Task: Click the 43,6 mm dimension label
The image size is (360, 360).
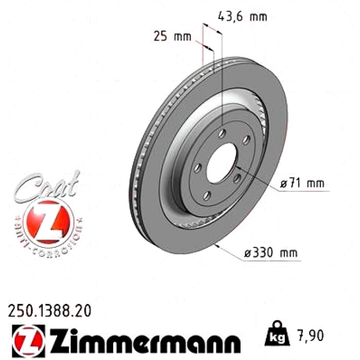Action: point(242,17)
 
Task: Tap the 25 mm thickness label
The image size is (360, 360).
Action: point(172,37)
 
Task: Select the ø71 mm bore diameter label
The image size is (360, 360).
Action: point(302,183)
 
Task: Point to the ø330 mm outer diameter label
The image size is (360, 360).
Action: point(271,253)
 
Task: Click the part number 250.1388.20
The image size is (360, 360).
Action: point(49,311)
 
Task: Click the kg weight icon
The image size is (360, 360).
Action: point(277,334)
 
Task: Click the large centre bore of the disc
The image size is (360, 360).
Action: point(221,163)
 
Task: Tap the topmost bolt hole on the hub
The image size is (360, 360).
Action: point(222,133)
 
